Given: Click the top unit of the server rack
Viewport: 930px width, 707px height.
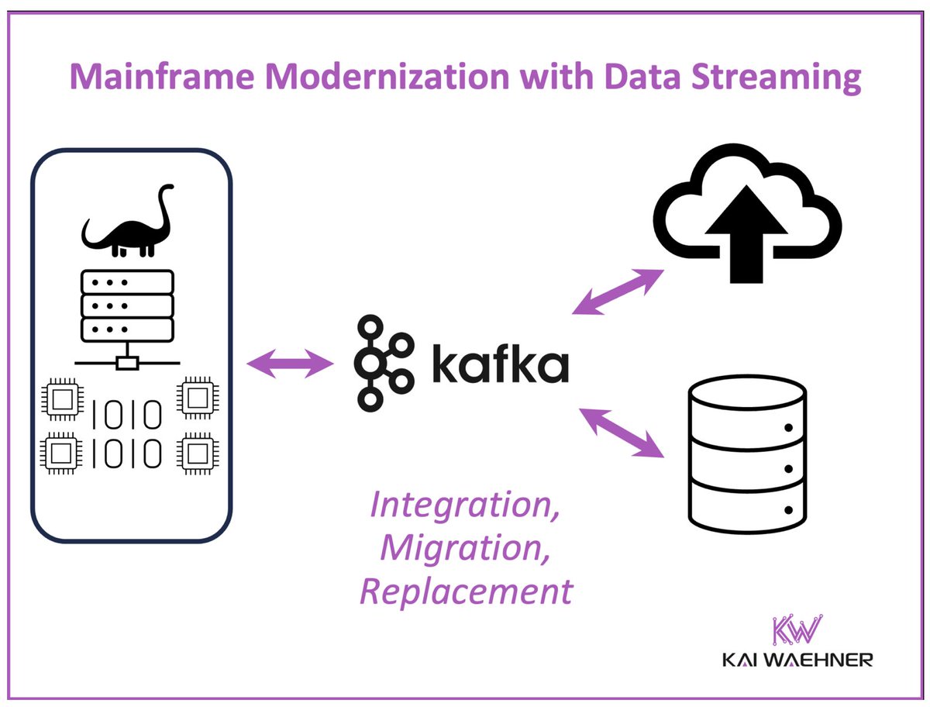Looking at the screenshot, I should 126,281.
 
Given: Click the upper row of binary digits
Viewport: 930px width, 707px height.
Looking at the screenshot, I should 128,412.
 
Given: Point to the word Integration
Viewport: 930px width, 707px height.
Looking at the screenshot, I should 465,505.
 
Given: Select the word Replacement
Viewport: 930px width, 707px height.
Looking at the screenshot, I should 466,592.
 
